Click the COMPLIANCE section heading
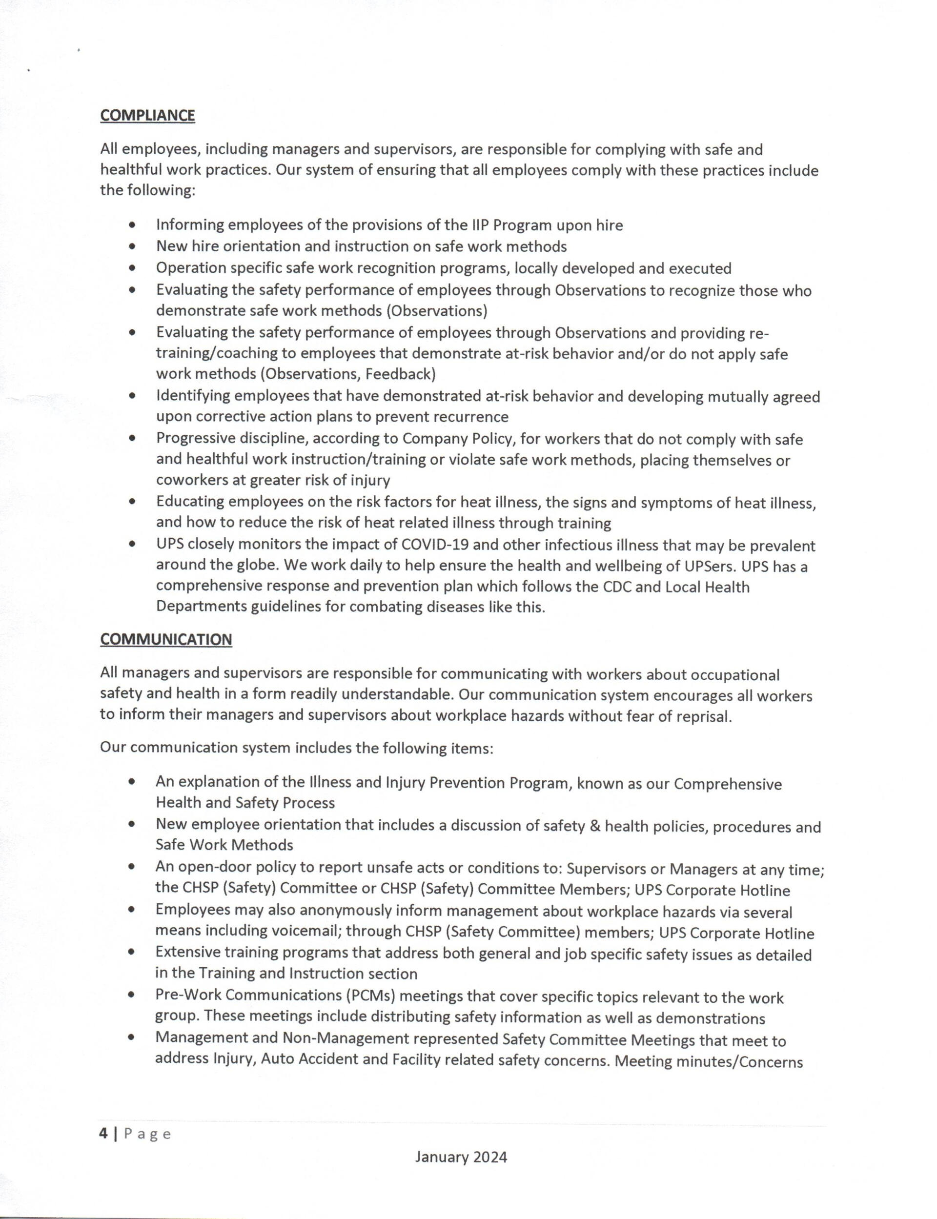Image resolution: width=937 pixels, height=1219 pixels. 147,116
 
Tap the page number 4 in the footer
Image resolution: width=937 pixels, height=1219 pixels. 103,1134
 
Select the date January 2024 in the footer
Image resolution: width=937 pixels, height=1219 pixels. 461,1157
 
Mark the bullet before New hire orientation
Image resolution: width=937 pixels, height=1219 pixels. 132,246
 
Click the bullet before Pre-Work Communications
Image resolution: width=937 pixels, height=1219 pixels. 132,996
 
